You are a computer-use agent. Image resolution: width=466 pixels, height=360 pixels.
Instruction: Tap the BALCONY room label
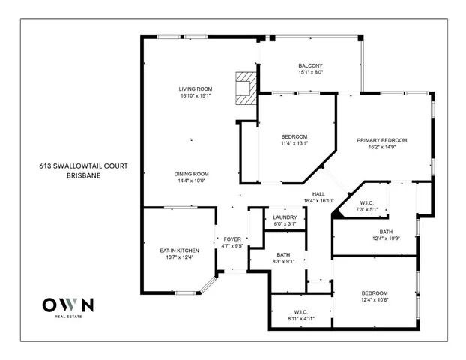point(310,65)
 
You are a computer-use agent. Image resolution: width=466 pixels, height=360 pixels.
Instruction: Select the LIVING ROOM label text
point(195,88)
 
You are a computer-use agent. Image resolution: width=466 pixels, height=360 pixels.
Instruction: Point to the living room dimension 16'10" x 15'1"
point(195,96)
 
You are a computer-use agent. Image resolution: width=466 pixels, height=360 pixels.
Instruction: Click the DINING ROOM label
point(190,173)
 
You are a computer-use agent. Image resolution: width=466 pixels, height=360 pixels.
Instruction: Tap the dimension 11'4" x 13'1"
point(294,143)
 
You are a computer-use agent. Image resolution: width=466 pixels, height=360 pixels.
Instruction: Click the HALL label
point(318,193)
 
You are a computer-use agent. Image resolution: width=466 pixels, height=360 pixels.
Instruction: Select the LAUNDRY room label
point(285,217)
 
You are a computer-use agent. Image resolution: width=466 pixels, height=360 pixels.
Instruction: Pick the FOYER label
point(232,238)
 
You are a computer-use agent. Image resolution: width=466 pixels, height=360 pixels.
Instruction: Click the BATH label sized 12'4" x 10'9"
point(386,232)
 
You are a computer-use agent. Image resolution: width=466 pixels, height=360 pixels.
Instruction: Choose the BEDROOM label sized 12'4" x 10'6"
point(375,292)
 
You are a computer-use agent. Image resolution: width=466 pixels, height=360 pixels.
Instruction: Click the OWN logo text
point(67,304)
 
